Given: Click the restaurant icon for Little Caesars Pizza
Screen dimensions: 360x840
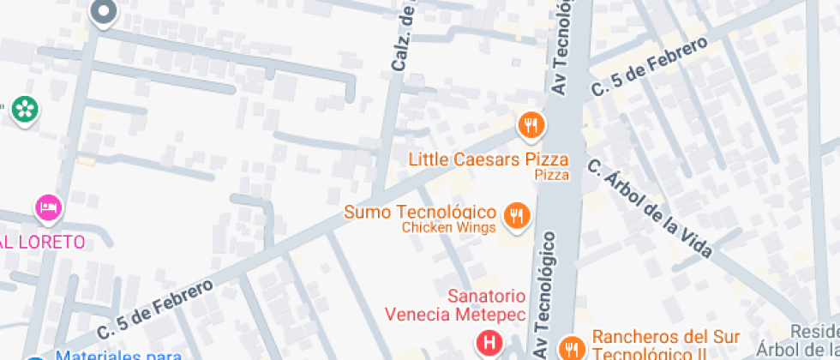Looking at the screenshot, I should [x=531, y=126].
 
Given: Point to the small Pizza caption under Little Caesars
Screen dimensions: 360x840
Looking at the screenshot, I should [x=551, y=175].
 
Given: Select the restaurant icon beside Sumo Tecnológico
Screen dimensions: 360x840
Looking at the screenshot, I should [x=515, y=215].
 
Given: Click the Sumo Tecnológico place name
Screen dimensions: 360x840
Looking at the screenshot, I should [x=420, y=212].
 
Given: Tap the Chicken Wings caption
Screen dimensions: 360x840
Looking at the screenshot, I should [x=448, y=228].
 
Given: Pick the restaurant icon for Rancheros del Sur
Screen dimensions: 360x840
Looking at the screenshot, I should [x=570, y=347].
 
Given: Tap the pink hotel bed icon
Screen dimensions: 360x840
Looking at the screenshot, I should [x=49, y=207].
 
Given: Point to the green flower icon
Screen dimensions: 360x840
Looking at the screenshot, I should [x=24, y=109].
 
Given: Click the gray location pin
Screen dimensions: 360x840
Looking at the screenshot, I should [x=104, y=11].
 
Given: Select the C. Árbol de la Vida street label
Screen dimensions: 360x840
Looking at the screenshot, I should [x=651, y=207].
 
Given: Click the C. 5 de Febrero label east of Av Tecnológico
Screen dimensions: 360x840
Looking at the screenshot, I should [x=649, y=66].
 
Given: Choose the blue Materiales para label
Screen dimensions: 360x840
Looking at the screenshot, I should [x=117, y=355].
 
